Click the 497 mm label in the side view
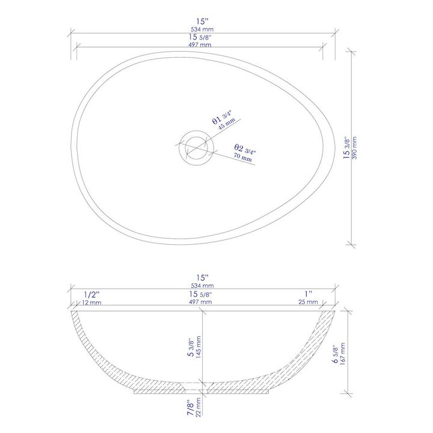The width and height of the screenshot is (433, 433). click(203, 302)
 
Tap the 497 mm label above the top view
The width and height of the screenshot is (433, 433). click(202, 45)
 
